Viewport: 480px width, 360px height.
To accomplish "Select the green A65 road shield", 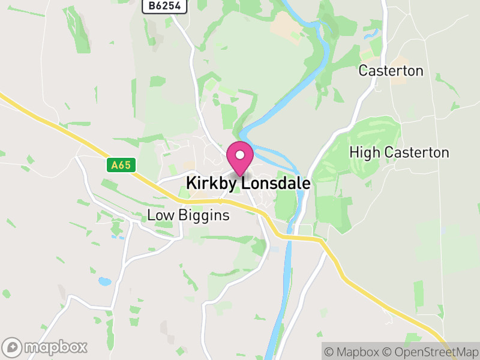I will coord(119,164).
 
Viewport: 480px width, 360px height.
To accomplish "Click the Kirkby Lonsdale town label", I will coord(248,184).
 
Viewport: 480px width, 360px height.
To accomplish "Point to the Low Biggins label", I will coord(188,215).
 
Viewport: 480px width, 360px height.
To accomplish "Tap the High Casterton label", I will coord(399,152).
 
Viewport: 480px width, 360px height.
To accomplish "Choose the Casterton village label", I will coord(391,71).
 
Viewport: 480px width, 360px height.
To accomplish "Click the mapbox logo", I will coord(45,347).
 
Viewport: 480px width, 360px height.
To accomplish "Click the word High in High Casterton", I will coord(365,153).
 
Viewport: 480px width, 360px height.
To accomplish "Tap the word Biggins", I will coord(203,215).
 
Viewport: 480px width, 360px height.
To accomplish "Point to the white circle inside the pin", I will coord(240,155).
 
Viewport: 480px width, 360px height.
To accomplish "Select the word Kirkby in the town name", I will coord(209,184).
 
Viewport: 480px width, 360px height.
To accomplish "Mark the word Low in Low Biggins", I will coord(160,215).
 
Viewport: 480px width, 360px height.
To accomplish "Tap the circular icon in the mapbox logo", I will coord(13,347).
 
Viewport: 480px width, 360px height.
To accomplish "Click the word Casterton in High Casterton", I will coord(416,152).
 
